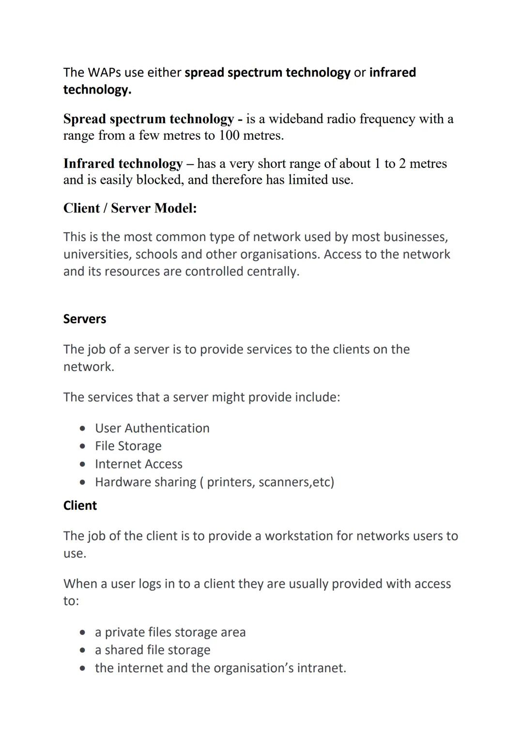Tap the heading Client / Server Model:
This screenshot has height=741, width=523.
tap(130, 208)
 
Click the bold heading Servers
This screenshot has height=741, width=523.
tap(85, 319)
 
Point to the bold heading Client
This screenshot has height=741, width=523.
tap(80, 505)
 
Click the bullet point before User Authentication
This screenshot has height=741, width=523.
tap(84, 429)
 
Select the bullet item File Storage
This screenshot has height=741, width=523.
tap(128, 446)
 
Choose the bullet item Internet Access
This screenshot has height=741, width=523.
tap(138, 464)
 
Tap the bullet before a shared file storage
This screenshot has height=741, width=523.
tap(84, 650)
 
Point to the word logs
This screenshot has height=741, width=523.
tap(150, 584)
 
